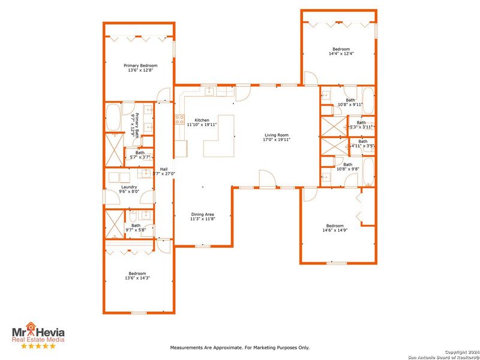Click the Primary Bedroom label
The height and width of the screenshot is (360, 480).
[x=140, y=65]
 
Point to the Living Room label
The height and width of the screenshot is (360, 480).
[x=276, y=135]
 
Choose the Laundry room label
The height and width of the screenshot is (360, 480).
[x=129, y=187]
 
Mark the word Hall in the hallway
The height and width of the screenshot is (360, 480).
[x=164, y=169]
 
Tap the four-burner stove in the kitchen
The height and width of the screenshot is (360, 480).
[x=179, y=119]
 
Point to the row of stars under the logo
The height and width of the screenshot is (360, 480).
[x=38, y=346]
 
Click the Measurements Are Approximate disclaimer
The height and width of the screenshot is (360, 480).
[x=240, y=347]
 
